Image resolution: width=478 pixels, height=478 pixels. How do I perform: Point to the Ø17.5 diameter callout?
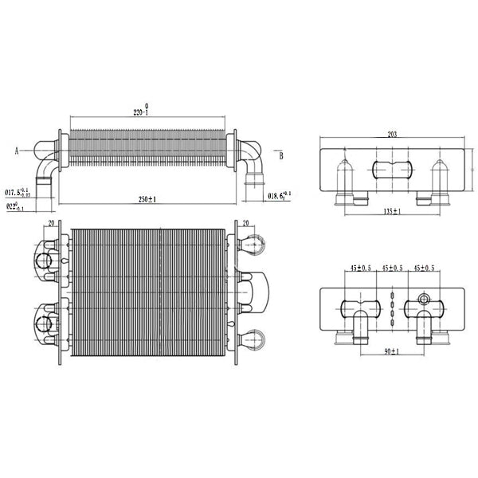tap(18, 192)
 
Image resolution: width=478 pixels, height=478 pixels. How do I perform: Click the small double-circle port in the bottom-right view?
tap(423, 302)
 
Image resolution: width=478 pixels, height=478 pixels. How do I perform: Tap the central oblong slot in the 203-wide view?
tap(390, 170)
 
